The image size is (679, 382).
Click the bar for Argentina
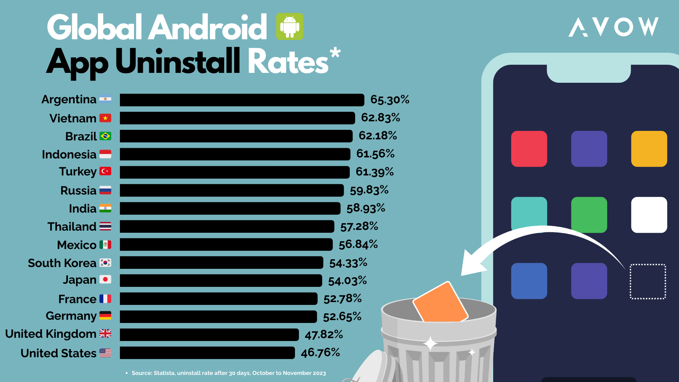[242, 100]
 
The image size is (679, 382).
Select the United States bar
[207, 353]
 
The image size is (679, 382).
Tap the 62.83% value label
[381, 117]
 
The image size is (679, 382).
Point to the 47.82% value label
[324, 334]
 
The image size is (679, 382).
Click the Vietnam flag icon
[105, 118]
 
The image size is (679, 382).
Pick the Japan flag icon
[105, 279]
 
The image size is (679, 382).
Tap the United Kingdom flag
[105, 334]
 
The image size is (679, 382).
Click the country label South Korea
[62, 263]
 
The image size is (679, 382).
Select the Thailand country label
[72, 226]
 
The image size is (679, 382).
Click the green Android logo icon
[290, 27]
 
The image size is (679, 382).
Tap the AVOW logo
[613, 27]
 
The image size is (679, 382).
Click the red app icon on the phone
[529, 149]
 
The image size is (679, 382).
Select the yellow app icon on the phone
[649, 149]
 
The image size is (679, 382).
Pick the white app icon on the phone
[649, 215]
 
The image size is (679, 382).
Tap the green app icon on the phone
[589, 215]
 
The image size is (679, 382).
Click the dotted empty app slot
[648, 282]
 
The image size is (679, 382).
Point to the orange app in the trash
[440, 303]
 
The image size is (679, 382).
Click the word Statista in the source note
[164, 373]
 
